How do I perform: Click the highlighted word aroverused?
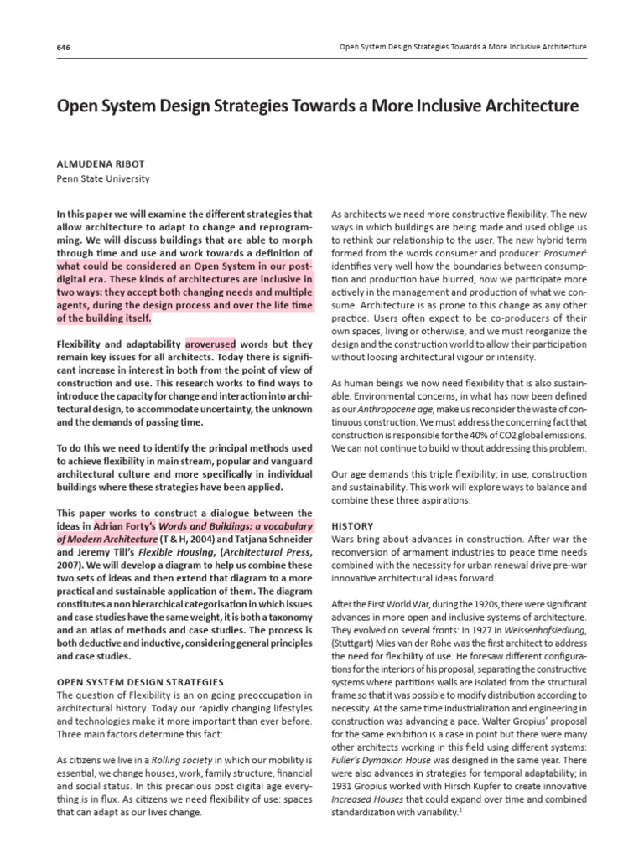pyautogui.click(x=210, y=344)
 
